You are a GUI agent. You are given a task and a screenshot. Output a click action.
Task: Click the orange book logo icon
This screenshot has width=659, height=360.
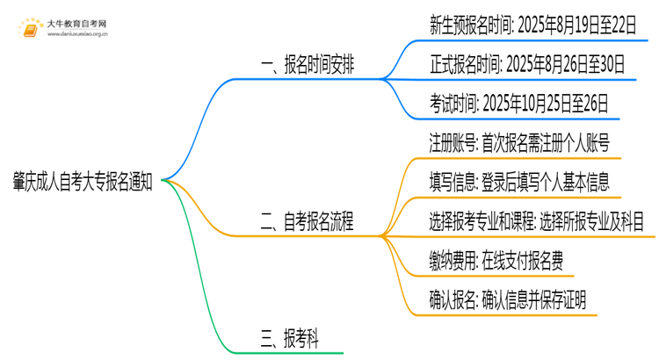(29, 29)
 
